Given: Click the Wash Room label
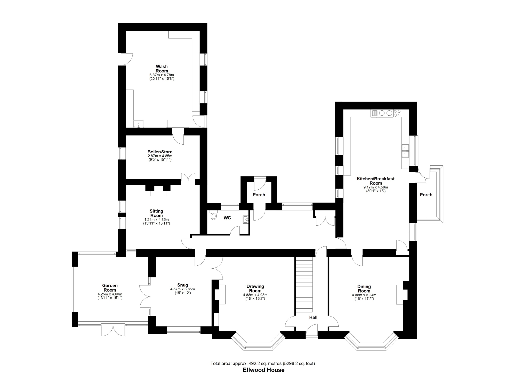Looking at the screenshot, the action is coord(162,69).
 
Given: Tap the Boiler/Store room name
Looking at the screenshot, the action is coord(160,152).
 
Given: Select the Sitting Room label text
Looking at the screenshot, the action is coord(157,213).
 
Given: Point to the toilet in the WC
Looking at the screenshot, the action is coord(214,215).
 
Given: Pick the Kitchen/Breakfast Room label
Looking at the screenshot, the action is coord(375,181).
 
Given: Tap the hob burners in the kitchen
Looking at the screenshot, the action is coord(397,113).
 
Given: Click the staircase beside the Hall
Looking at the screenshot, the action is coord(304,285).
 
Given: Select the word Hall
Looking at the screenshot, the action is coord(313,317).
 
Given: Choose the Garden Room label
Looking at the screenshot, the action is coord(110,288).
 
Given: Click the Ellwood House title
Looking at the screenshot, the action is coord(264,370).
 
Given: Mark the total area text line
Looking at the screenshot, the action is coord(263,363).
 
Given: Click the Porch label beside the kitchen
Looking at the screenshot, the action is coord(426,195).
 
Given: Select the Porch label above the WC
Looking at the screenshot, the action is coord(259,195).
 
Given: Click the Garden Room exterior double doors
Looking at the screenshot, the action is coord(113,329).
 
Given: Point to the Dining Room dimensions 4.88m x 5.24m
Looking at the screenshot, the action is coord(364,295).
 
